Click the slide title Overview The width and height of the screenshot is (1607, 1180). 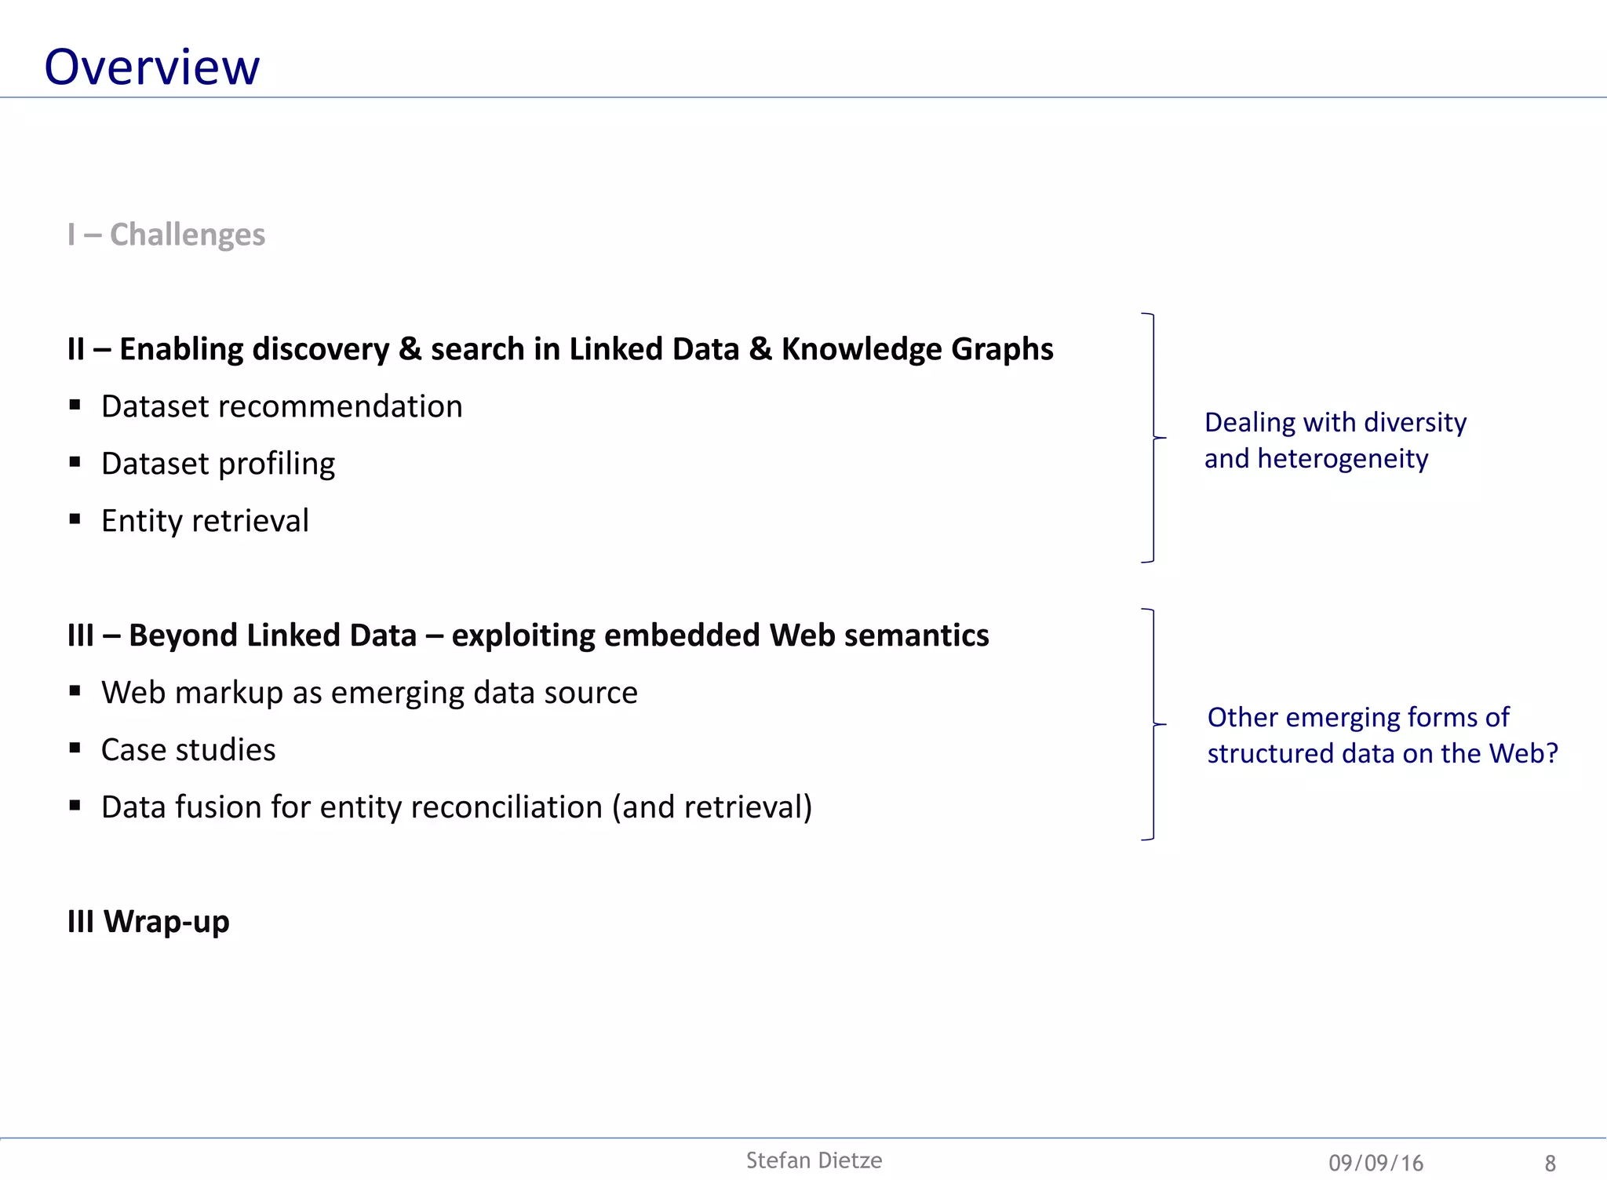coord(151,67)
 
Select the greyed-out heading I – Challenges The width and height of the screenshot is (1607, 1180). coord(166,235)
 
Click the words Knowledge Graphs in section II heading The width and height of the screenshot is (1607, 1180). coord(916,349)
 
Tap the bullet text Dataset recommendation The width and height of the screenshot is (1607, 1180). coord(282,406)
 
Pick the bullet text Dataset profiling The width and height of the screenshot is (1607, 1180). coord(218,464)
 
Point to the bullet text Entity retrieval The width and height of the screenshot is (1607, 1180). coord(205,521)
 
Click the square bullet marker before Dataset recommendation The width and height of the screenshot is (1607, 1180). coord(75,405)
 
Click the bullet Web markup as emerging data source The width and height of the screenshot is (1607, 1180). coord(369,693)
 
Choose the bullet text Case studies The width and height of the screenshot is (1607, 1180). coord(188,750)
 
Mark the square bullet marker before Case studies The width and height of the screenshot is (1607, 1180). coord(75,748)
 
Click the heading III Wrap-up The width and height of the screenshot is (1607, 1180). coord(148,921)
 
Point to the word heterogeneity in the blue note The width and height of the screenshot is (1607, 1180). coord(1343,459)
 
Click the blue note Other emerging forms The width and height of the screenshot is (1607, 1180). coord(1357,717)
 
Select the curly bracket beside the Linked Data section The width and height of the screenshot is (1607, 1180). coord(1153,438)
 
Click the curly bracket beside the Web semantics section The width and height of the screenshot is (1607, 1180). coord(1153,724)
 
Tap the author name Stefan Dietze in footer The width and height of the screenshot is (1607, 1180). coord(814,1160)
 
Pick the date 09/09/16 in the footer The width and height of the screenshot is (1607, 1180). coord(1376,1163)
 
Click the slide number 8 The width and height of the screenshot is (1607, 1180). coord(1550,1163)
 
